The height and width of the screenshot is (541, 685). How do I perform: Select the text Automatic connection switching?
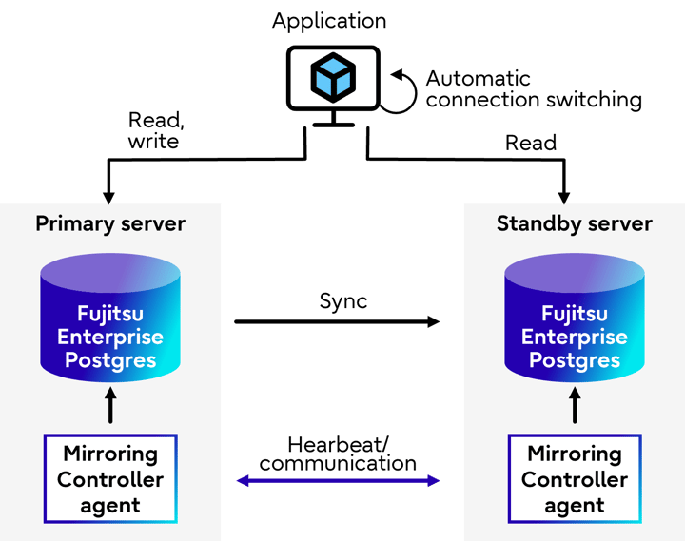533,88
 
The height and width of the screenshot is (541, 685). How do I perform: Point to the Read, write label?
154,131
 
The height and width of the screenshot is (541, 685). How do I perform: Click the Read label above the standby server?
530,143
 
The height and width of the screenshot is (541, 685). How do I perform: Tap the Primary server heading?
110,224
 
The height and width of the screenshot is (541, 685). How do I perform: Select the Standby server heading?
574,224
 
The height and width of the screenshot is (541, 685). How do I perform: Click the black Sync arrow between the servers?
337,322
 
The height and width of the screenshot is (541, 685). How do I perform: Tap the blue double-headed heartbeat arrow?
337,481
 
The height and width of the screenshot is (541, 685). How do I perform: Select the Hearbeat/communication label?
338,454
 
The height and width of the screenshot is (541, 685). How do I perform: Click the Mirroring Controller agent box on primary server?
110,479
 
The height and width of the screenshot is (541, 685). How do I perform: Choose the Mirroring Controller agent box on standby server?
574,479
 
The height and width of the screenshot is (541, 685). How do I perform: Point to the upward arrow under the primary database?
110,406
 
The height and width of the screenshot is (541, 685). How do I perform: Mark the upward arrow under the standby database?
574,406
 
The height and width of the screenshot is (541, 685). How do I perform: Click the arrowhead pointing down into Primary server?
108,196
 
